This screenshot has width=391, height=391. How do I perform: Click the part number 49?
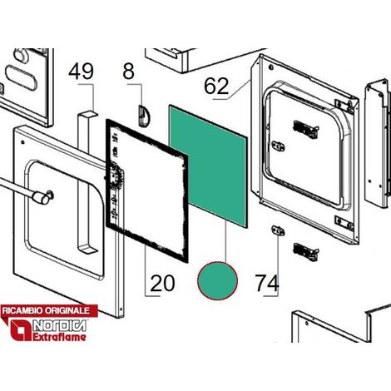tap(81, 72)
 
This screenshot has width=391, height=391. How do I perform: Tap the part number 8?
tap(128, 72)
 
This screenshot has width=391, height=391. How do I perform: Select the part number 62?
tap(216, 86)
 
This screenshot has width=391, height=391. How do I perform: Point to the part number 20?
tap(162, 283)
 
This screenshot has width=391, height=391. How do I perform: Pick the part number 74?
tap(267, 283)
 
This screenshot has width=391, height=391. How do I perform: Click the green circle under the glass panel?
tap(217, 280)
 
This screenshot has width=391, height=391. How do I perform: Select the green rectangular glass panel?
tap(208, 166)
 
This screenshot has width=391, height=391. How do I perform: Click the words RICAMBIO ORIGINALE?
tap(46, 310)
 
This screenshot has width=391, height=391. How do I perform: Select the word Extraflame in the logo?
tap(59, 337)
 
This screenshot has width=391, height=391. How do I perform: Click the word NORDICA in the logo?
tap(59, 325)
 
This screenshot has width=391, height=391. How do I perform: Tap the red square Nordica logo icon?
tap(21, 330)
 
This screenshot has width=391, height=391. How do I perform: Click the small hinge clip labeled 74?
tap(278, 230)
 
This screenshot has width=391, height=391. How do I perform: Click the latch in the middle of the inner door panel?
tap(278, 146)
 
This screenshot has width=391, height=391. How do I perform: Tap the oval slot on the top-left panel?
tap(21, 77)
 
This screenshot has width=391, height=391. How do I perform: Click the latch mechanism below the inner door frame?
tap(306, 252)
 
